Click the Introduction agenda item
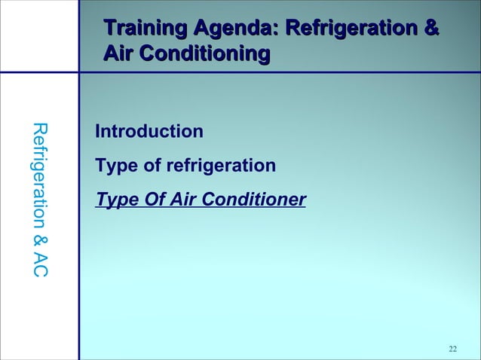click(x=149, y=132)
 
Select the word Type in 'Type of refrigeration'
click(x=114, y=165)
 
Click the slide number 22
click(x=452, y=348)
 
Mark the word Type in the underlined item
click(x=114, y=200)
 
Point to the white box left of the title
click(x=39, y=35)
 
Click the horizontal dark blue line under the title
click(x=279, y=73)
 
